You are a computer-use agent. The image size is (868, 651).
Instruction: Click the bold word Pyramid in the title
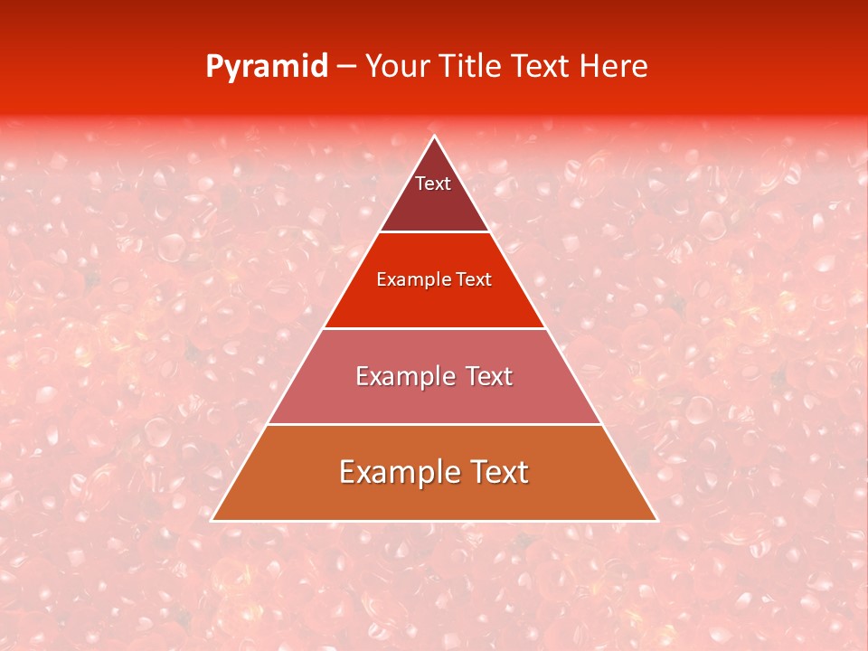coord(267,67)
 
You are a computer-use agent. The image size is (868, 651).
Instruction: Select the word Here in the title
coord(614,66)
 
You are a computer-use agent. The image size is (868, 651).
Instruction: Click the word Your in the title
coord(397,66)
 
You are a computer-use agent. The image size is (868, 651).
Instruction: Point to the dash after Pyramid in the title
coord(345,67)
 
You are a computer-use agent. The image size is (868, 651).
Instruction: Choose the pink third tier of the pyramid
coord(434,398)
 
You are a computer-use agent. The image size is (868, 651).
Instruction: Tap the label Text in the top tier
coord(433,184)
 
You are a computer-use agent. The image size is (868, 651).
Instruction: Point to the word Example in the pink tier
coord(397,376)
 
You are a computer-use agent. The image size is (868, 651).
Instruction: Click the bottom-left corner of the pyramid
coord(212,521)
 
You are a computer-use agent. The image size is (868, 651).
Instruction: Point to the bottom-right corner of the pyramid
coord(657,521)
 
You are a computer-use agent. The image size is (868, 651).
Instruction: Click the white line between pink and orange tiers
coord(434,424)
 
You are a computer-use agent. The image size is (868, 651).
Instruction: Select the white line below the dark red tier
coord(434,231)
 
